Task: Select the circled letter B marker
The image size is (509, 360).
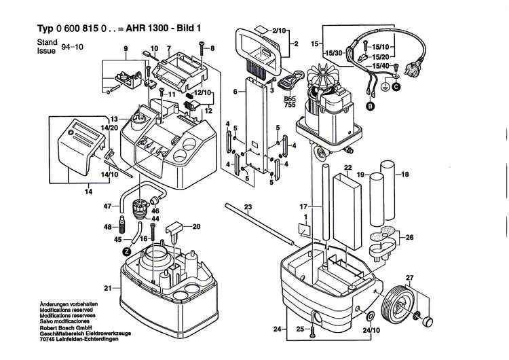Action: coord(371,107)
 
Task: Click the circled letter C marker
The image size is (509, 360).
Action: coord(396,87)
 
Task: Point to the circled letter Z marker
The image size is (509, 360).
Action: coord(126,251)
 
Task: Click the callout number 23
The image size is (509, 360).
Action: coord(248,206)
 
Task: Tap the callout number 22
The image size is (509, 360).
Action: coord(347,168)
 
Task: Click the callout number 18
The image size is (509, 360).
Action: coord(406,175)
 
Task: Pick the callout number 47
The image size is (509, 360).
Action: coord(107,206)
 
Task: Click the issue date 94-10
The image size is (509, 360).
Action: coord(69,48)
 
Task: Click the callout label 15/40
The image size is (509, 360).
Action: coord(380,65)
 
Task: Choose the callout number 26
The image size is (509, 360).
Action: coord(409,237)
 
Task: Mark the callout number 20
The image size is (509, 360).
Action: coord(196,226)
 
